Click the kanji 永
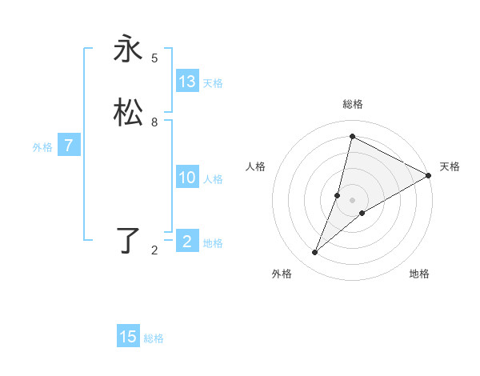click(128, 50)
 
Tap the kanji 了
click(128, 240)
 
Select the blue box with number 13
click(187, 82)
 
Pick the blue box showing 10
click(187, 178)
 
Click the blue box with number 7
click(69, 146)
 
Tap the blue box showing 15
click(128, 337)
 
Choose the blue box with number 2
click(187, 242)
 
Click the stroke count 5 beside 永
click(154, 58)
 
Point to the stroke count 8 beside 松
click(154, 122)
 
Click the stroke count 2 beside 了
click(154, 250)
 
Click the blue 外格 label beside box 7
click(42, 147)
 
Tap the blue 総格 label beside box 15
click(154, 338)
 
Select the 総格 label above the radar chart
click(353, 104)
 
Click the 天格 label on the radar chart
click(450, 166)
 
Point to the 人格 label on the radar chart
click(256, 166)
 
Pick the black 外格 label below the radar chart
click(282, 274)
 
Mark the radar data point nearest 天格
click(429, 175)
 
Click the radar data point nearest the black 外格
click(315, 253)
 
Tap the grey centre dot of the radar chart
click(353, 200)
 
